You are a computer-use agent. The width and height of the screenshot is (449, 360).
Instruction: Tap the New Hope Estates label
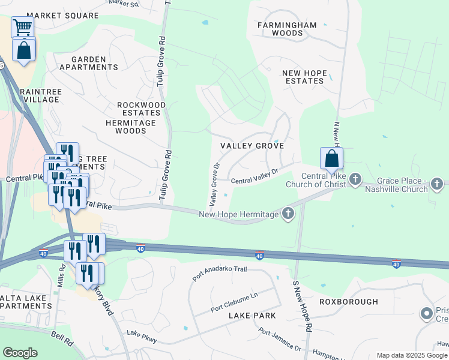coord(305,77)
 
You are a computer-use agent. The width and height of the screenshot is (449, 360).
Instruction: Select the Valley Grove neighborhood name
coord(252,146)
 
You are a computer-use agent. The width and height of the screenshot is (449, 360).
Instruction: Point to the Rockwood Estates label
coord(141,109)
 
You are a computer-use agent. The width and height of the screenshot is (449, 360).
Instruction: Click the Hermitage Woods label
coord(131,126)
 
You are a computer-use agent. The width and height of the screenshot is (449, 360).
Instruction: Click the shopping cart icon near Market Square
coord(22,26)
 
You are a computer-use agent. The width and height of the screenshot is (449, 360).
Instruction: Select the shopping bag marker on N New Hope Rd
coord(331,159)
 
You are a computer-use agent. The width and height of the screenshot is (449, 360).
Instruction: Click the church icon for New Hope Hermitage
coord(288,213)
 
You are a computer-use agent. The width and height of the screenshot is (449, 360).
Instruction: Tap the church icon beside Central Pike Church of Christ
coord(355,179)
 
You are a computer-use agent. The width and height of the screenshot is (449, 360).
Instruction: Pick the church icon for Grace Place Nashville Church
coord(439,184)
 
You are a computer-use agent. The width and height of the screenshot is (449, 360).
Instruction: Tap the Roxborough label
coord(349,302)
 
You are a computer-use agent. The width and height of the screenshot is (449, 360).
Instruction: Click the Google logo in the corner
coord(20,353)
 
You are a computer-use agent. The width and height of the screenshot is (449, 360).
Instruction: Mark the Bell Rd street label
coord(62,339)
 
